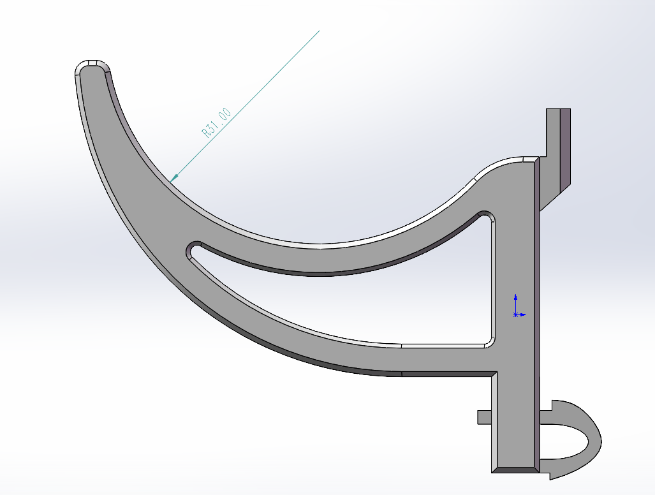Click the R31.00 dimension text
coord(216,123)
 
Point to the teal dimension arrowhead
coord(174,177)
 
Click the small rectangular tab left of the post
coord(484,417)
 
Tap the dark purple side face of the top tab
coord(565,147)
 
